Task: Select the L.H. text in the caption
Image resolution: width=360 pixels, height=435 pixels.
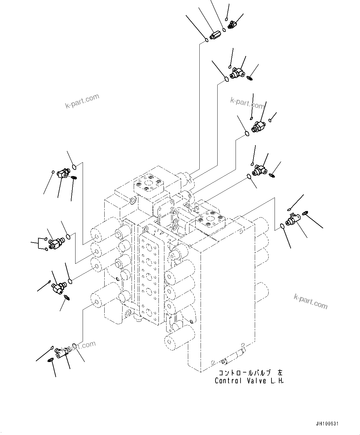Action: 278,381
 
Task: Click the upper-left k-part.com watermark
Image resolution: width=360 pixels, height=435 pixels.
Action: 82,101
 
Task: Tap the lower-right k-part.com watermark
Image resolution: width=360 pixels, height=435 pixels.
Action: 310,301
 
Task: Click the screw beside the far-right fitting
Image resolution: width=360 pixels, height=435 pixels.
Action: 305,213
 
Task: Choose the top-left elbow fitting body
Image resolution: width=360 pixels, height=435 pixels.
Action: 63,173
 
